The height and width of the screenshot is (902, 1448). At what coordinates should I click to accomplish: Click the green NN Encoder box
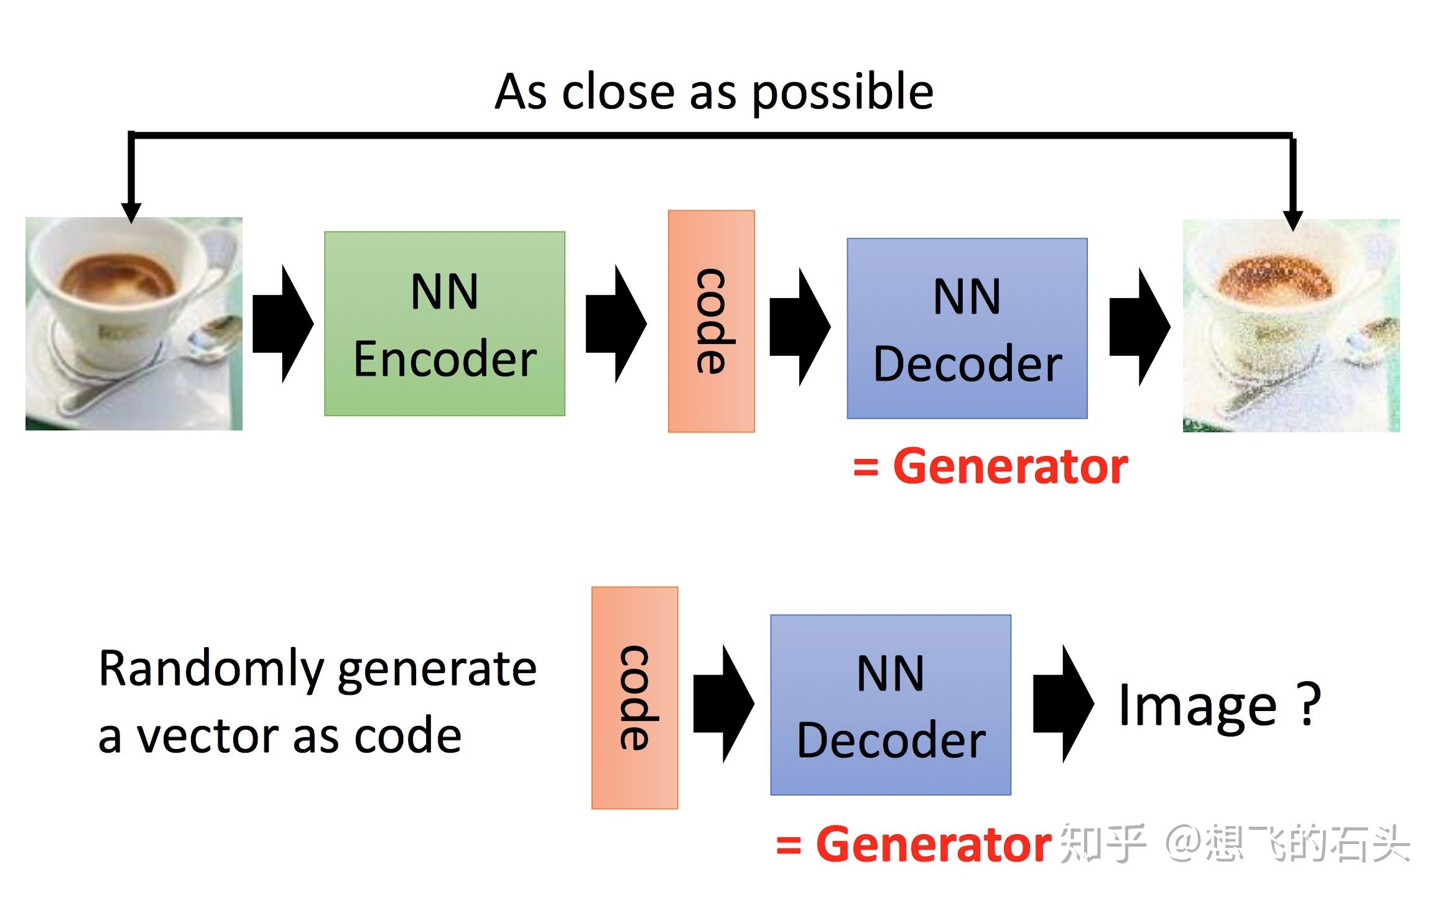click(x=444, y=323)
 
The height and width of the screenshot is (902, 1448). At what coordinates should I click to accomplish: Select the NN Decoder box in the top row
click(x=967, y=328)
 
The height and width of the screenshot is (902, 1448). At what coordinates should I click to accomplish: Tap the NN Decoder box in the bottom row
click(x=890, y=705)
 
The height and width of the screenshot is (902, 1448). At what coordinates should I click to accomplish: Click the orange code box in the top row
click(x=711, y=321)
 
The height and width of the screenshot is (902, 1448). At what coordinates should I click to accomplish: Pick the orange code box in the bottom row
click(x=634, y=697)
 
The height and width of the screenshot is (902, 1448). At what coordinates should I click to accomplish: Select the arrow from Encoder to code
click(x=616, y=323)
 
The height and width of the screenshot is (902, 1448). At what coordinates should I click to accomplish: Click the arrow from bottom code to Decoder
click(x=723, y=704)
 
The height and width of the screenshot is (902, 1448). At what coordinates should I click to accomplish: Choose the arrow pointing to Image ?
click(x=1063, y=704)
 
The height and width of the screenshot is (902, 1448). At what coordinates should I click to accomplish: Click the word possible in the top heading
click(x=842, y=93)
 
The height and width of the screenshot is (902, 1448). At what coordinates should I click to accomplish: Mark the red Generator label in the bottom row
click(x=933, y=844)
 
